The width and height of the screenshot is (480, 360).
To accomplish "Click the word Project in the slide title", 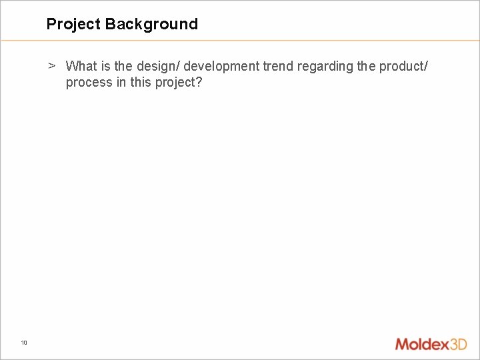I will (x=73, y=25).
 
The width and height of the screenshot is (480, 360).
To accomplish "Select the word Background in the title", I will (x=151, y=25).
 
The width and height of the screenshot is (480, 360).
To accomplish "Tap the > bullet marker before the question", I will (x=51, y=66).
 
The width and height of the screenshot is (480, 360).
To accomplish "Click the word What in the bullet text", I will (x=81, y=66).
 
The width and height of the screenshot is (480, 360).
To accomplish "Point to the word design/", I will (x=158, y=66).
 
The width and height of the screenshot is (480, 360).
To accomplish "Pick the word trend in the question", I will (x=277, y=66).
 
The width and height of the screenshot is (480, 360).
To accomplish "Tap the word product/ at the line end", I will (x=405, y=66).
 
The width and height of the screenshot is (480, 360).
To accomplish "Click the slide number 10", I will (x=24, y=343).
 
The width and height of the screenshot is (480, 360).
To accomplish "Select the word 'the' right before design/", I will (x=123, y=66).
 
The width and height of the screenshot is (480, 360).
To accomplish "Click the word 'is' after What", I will (x=105, y=66).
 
